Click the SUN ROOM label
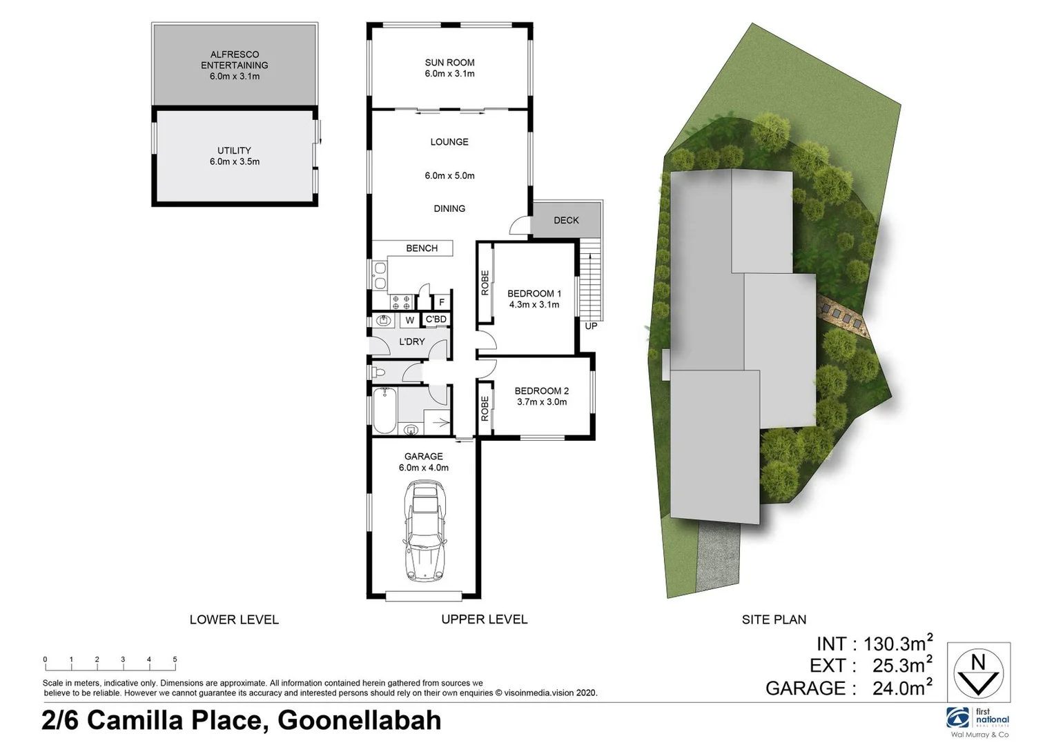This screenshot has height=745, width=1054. tap(449, 63)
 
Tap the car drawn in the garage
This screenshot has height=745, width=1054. tap(423, 530)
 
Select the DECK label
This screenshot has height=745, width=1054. tap(566, 220)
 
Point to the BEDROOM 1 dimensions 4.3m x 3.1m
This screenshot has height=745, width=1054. tap(534, 304)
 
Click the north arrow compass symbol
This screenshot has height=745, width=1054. tap(978, 673)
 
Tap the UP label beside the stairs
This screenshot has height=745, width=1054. tap(591, 326)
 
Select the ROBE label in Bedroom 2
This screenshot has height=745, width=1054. tap(485, 408)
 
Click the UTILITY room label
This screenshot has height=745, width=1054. tap(234, 150)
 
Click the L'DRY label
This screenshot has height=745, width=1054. tap(411, 341)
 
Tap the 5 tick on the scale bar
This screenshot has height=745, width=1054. tap(175, 660)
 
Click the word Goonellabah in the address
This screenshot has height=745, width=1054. tap(359, 720)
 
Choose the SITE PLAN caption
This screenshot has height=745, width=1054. tap(774, 619)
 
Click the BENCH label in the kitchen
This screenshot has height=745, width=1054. tap(421, 248)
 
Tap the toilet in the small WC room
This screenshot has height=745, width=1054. tap(378, 373)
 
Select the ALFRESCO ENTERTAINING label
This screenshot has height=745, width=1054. tap(234, 60)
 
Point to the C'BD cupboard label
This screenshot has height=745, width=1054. tap(436, 319)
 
